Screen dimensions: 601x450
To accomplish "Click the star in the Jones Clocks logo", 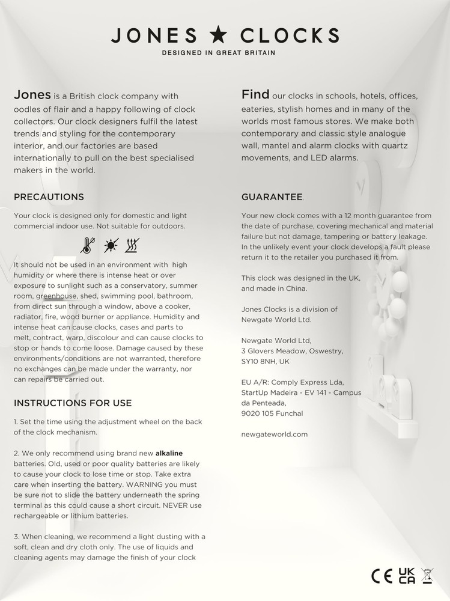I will (219, 35).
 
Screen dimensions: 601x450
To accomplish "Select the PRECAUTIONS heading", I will (49, 197).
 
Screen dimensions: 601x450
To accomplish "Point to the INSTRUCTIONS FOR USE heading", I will (73, 403).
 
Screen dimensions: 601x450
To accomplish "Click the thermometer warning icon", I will (88, 245).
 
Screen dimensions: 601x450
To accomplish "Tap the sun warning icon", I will (111, 245).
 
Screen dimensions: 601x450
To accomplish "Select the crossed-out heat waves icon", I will (132, 245).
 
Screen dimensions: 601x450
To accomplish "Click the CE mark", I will (382, 576).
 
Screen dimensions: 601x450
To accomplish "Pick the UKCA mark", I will (407, 576).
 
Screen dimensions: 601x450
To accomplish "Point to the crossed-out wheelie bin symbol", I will (427, 576).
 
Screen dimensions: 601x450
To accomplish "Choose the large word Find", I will (255, 94).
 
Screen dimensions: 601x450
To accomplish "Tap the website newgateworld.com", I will (275, 433).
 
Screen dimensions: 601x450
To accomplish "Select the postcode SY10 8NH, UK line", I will (265, 361).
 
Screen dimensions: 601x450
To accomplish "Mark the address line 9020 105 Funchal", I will (272, 413).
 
